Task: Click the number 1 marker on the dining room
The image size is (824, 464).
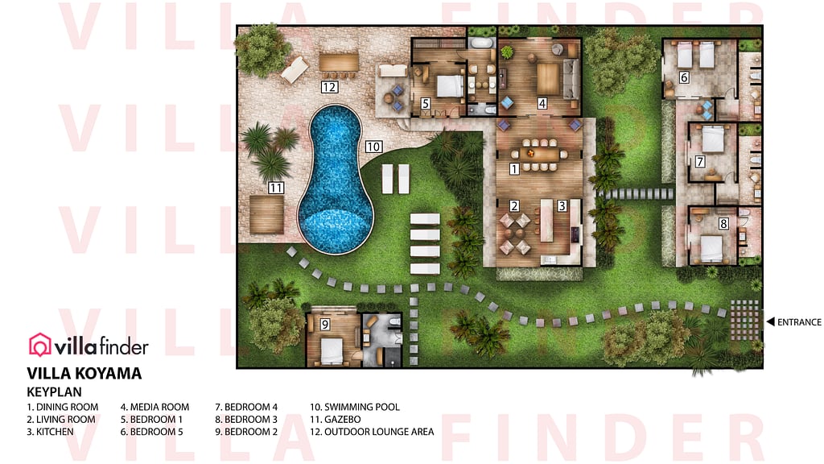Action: (x=514, y=169)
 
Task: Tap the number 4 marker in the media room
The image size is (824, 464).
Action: (x=542, y=103)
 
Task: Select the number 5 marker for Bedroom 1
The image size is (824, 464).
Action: (x=425, y=103)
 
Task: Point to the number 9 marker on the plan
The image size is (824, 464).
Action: (x=325, y=325)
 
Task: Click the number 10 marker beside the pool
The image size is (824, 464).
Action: (x=373, y=147)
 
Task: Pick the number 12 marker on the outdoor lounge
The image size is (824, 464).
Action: (x=328, y=87)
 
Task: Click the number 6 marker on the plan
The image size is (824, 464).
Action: (x=684, y=77)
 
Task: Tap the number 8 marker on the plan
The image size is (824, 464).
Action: (x=723, y=224)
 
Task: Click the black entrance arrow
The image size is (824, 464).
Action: (x=770, y=322)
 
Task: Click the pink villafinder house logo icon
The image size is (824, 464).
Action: (x=39, y=345)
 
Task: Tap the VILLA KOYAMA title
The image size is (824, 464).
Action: (x=84, y=373)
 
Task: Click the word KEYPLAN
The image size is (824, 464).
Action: (x=54, y=391)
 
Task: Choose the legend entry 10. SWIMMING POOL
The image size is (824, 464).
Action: (x=355, y=407)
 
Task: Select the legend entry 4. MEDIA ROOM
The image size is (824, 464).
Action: (x=154, y=407)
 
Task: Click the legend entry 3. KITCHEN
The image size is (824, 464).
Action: (x=50, y=432)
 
